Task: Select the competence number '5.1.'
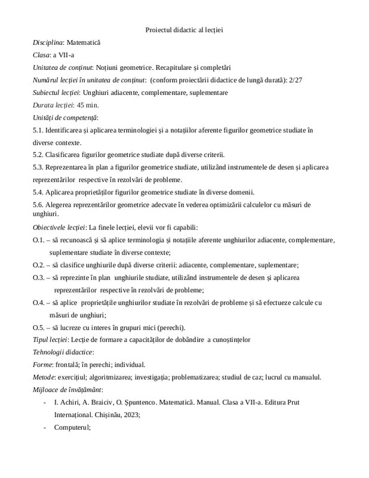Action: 39,130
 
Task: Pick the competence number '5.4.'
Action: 39,192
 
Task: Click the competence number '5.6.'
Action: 39,205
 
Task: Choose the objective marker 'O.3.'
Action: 39,278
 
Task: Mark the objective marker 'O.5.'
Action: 39,327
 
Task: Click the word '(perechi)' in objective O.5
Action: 170,327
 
